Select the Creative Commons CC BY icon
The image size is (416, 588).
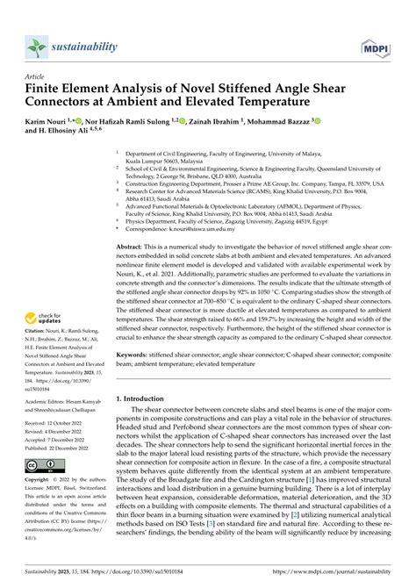click(46, 465)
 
